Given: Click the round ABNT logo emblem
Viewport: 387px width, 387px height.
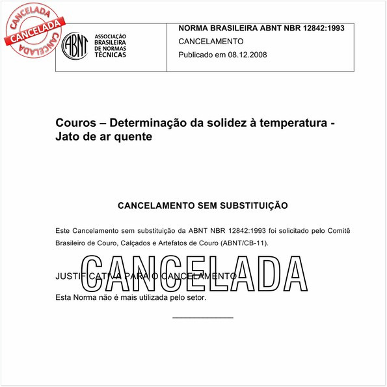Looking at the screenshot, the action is tap(75, 46).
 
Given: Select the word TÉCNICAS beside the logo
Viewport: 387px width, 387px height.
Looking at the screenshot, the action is tap(111, 55).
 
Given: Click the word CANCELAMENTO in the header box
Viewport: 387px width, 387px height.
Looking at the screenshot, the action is tap(211, 41).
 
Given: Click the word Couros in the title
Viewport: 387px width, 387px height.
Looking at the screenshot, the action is tap(74, 123).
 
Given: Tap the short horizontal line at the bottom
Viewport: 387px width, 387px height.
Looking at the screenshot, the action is tap(202, 317).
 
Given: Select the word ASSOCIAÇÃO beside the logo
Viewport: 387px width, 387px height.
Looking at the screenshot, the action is tap(111, 37).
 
